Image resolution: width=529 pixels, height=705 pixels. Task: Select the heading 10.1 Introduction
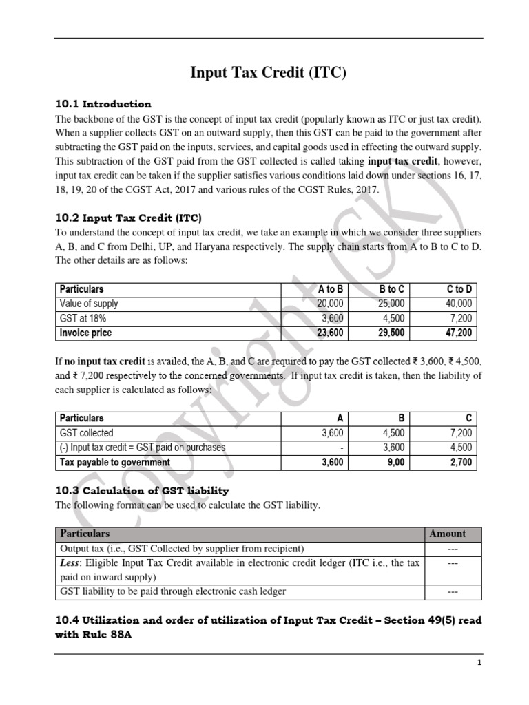(x=103, y=105)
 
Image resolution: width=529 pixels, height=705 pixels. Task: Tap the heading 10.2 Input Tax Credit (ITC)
(x=128, y=218)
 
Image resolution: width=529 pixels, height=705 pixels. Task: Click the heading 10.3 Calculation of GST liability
(x=141, y=491)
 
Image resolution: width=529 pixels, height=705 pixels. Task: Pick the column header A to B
(x=330, y=289)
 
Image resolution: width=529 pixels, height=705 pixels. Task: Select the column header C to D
(x=458, y=289)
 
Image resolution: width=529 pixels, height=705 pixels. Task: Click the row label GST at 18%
(x=83, y=318)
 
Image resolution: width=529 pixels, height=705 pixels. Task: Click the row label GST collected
(x=87, y=433)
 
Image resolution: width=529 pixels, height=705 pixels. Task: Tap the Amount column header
(x=448, y=534)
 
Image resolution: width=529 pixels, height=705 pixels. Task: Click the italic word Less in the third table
(x=70, y=563)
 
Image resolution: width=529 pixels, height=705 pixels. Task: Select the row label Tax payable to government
(x=115, y=463)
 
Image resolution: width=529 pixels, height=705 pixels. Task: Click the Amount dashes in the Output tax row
(x=452, y=549)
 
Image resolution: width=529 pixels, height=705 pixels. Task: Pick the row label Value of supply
(x=89, y=304)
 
